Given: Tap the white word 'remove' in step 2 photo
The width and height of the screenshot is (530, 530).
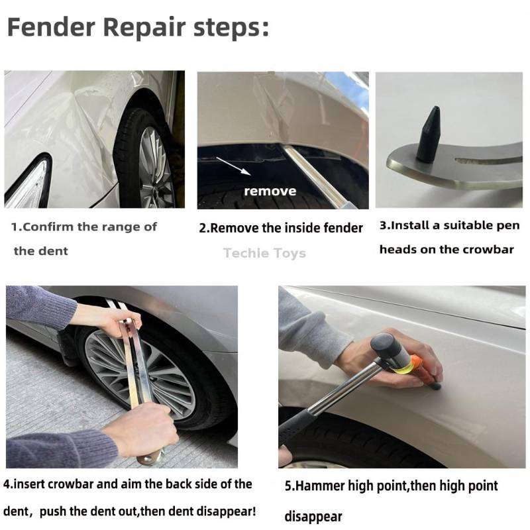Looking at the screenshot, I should click(270, 191).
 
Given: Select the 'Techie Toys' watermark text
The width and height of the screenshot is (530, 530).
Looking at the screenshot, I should click(264, 253).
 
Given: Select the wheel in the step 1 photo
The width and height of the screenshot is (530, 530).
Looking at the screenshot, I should click(149, 159).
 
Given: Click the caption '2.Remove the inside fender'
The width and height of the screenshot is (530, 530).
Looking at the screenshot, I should click(281, 228).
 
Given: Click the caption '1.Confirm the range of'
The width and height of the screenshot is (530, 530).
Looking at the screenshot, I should click(84, 227).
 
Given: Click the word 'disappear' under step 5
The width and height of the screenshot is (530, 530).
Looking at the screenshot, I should click(314, 516).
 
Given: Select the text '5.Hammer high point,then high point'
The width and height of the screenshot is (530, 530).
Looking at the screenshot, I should click(391, 486).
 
